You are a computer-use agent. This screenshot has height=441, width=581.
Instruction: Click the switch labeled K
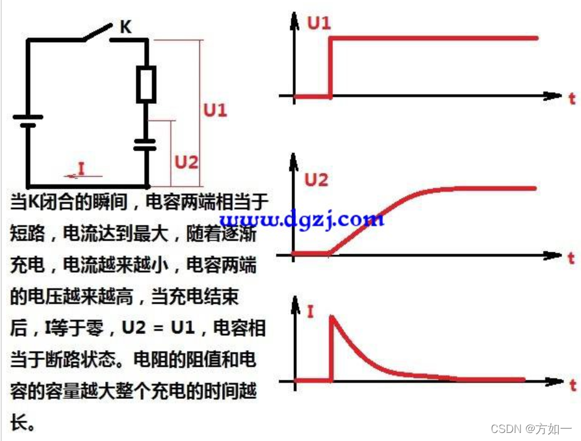point(96,33)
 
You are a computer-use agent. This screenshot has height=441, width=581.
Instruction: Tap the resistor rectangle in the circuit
point(146,84)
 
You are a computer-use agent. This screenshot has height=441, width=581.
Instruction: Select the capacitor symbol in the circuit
point(146,145)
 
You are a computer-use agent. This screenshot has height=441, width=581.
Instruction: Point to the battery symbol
point(28,121)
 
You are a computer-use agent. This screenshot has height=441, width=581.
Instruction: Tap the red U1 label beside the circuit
point(216,111)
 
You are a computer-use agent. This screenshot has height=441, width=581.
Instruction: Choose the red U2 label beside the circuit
point(186,162)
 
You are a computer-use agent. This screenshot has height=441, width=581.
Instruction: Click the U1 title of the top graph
point(319,24)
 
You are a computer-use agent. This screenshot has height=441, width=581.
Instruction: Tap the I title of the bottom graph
point(310,310)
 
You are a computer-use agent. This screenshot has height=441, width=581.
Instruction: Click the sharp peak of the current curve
point(333,316)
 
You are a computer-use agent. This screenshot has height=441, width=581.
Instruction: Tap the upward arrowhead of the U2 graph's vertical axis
point(293,163)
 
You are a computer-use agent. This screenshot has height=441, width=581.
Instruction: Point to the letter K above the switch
point(125,27)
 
